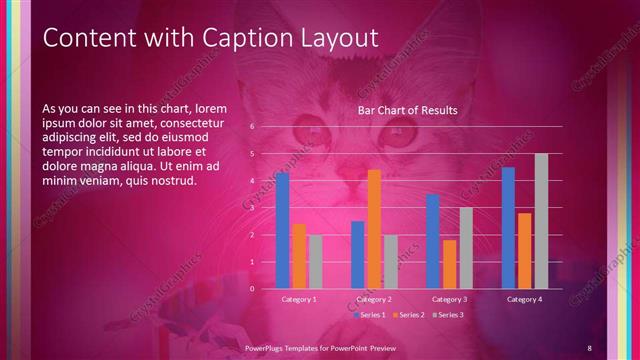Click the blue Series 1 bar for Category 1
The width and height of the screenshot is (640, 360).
pos(283,231)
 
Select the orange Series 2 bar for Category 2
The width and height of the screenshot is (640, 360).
pos(374,229)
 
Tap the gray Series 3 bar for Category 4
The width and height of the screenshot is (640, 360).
pos(541,221)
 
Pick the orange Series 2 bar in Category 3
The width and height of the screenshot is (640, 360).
pos(449,264)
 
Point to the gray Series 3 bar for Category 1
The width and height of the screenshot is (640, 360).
pos(315,262)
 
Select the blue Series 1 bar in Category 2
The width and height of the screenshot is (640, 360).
pos(358,255)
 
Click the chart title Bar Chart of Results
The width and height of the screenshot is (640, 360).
pos(407,111)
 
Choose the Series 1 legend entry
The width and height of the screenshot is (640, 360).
pos(373,315)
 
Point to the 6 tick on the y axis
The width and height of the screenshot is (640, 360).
pos(252,127)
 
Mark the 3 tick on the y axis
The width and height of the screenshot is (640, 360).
pos(252,208)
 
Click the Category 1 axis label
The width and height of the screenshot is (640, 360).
pos(299,299)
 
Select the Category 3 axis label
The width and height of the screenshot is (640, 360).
pos(449,299)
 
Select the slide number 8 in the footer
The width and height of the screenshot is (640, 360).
pos(589,347)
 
